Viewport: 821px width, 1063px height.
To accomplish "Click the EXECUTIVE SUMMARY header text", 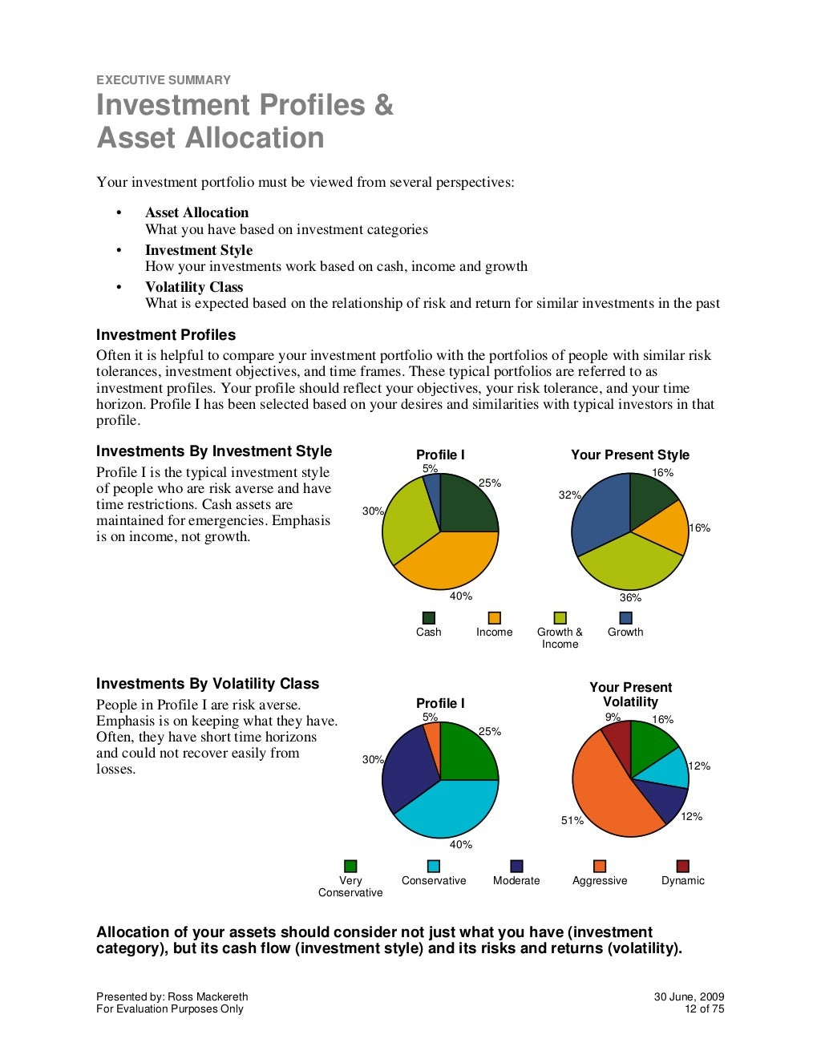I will coord(163,80).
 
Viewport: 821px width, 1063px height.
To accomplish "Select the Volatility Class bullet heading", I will coord(193,287).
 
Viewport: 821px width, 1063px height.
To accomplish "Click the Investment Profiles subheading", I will coord(166,335).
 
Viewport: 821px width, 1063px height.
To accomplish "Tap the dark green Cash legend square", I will coord(428,618).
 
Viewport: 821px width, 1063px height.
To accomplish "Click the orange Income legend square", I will coord(494,618).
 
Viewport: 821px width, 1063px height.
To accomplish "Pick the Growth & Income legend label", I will coord(560,638).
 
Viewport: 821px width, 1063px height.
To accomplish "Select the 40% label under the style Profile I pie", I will coord(460,596).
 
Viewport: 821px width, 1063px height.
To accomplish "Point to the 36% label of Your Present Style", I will coord(630,598).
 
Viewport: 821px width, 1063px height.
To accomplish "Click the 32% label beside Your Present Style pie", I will coord(569,495).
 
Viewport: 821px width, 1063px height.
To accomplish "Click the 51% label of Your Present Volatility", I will coord(572,821).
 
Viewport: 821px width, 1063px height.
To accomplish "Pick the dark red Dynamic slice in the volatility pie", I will coord(618,738).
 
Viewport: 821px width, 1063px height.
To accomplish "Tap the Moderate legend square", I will coord(516,867).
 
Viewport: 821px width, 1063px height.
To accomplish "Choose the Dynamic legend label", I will coord(682,881).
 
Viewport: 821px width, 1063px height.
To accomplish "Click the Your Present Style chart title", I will coord(629,455).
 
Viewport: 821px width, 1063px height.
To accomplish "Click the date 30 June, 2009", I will coord(689,997).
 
